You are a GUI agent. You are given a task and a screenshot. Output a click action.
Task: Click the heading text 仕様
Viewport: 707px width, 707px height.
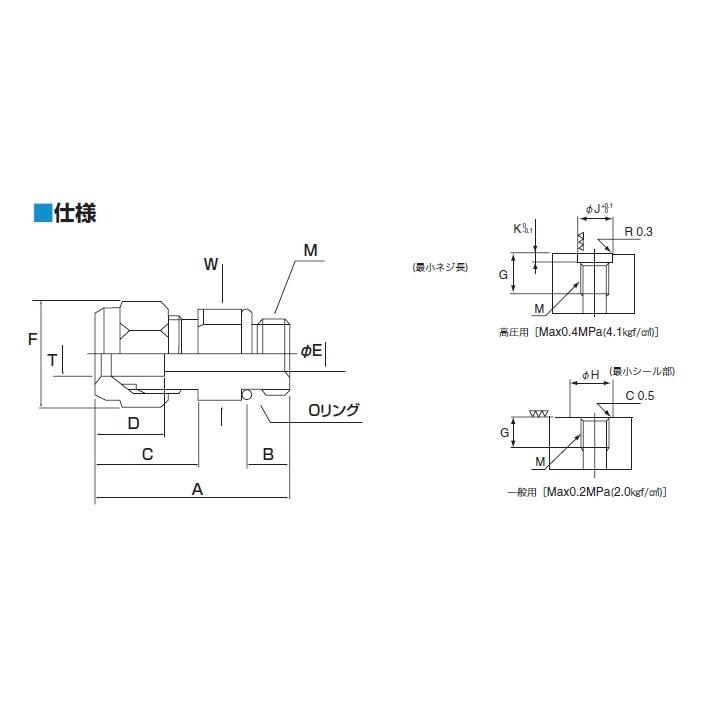pyautogui.click(x=75, y=212)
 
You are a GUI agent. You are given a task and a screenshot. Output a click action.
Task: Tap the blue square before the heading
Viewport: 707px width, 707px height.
pyautogui.click(x=42, y=212)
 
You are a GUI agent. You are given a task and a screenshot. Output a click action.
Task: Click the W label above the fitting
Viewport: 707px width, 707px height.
pyautogui.click(x=211, y=264)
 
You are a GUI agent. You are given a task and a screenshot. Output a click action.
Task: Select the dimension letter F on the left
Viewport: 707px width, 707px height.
pyautogui.click(x=33, y=339)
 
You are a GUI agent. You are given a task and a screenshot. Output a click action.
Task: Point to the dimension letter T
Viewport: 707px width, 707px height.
pyautogui.click(x=53, y=359)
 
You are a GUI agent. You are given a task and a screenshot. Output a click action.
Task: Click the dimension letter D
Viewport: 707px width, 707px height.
pyautogui.click(x=133, y=422)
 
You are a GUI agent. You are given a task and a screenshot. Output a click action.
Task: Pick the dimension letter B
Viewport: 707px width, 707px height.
pyautogui.click(x=268, y=454)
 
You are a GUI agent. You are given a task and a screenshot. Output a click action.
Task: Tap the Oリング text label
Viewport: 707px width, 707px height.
pyautogui.click(x=332, y=409)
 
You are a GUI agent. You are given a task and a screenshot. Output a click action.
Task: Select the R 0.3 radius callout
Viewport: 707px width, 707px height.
pyautogui.click(x=637, y=232)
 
